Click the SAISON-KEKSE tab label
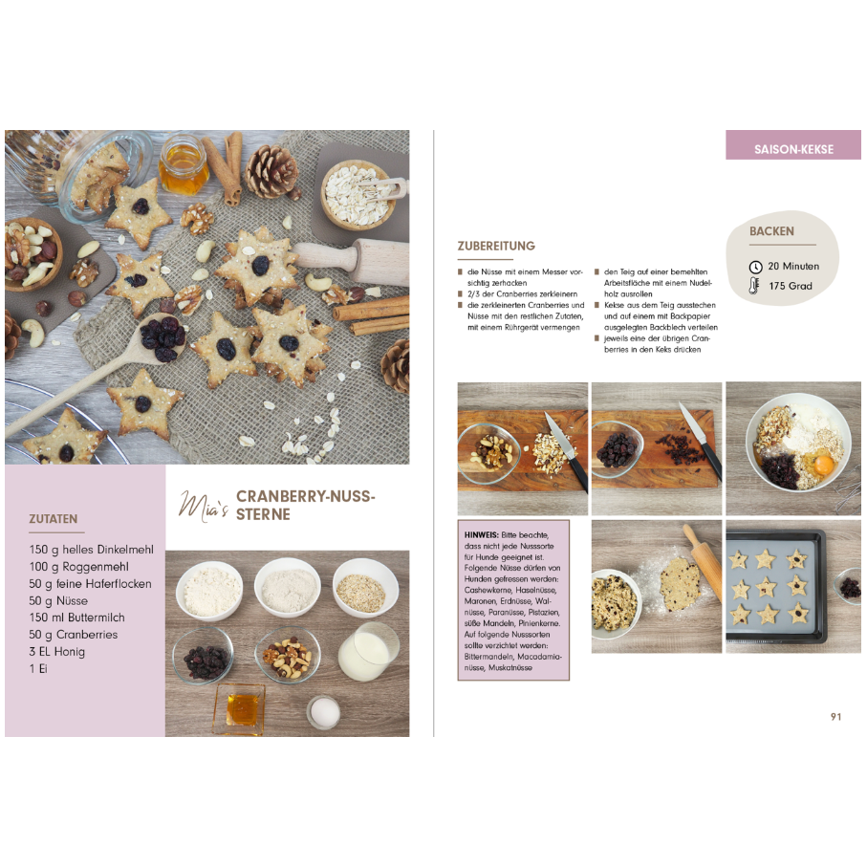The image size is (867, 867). coord(793,150)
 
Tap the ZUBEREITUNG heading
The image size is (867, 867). coord(496,247)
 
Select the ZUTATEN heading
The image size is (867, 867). coord(54,519)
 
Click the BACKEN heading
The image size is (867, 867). coord(771,231)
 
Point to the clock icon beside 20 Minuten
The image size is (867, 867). coord(756,267)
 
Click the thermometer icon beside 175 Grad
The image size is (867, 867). coord(756,286)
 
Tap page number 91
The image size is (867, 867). coord(835,717)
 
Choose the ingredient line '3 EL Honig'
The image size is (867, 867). coord(57,652)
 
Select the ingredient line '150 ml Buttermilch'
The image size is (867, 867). coord(76,618)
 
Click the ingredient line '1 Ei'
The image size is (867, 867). coord(38,669)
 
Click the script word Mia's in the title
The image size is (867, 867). coord(203,505)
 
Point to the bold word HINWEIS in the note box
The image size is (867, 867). coord(480,534)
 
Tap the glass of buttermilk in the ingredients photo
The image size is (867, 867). coord(368,652)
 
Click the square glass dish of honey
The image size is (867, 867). coord(239,707)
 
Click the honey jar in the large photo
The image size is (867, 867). coord(184,165)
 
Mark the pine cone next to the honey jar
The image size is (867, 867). coord(271,172)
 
